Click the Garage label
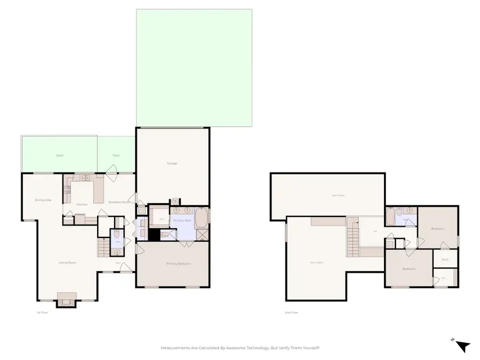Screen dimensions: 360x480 pos(172,163)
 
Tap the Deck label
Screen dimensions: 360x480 pos(59,156)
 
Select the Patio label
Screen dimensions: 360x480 pos(116,156)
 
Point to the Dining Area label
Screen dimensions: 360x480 pos(43,200)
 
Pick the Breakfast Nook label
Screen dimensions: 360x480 pos(118,202)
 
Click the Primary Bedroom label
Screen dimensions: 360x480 pos(178,263)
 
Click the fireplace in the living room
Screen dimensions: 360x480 pos(67,300)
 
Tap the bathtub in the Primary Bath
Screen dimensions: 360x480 pos(202,218)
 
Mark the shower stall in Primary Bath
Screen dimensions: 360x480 pos(203,235)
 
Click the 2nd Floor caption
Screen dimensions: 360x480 pos(291,313)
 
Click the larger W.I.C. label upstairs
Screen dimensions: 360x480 pos(447,260)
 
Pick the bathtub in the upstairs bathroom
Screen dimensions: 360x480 pos(390,218)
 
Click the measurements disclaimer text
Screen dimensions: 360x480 pos(240,348)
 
